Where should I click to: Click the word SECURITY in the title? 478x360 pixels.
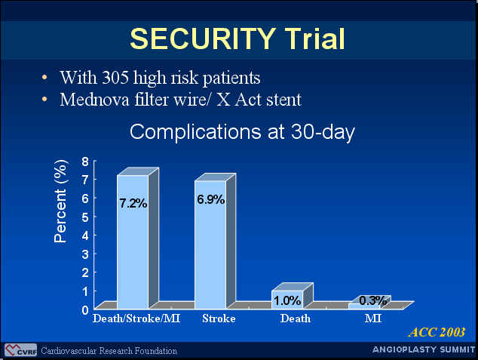(203, 38)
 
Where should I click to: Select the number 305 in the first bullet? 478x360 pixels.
(115, 78)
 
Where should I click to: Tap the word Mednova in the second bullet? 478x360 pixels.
(94, 100)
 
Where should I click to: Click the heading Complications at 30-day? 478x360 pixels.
(242, 132)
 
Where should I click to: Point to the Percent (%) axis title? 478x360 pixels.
(60, 201)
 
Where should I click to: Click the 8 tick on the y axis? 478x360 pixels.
(85, 162)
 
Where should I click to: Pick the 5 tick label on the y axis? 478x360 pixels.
(85, 217)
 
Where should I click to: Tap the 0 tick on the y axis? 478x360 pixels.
(85, 310)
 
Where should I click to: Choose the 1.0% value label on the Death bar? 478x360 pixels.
(287, 301)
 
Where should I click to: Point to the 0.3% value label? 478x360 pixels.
(373, 300)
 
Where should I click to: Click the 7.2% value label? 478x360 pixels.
(133, 203)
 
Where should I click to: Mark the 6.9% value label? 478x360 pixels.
(210, 199)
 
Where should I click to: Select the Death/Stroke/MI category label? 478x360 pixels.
(136, 318)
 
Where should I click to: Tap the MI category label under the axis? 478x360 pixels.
(373, 318)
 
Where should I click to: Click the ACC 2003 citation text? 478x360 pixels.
(437, 332)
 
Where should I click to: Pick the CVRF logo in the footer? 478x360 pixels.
(20, 350)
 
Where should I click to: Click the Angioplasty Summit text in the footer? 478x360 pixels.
(424, 349)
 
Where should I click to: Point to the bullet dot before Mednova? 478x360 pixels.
(44, 99)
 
